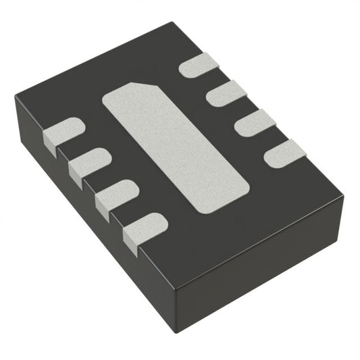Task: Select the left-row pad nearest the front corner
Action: pyautogui.click(x=145, y=228)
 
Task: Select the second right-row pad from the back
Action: pyautogui.click(x=228, y=93)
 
